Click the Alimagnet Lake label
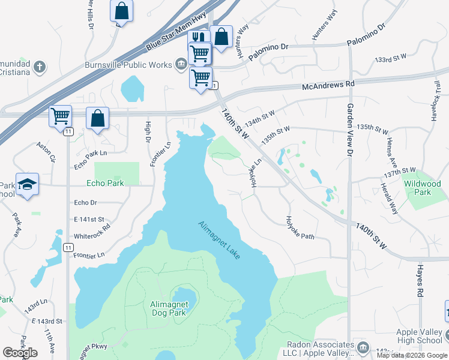(219, 240)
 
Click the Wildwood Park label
(423, 188)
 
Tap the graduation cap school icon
(28, 184)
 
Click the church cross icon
(40, 67)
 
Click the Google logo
(20, 353)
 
